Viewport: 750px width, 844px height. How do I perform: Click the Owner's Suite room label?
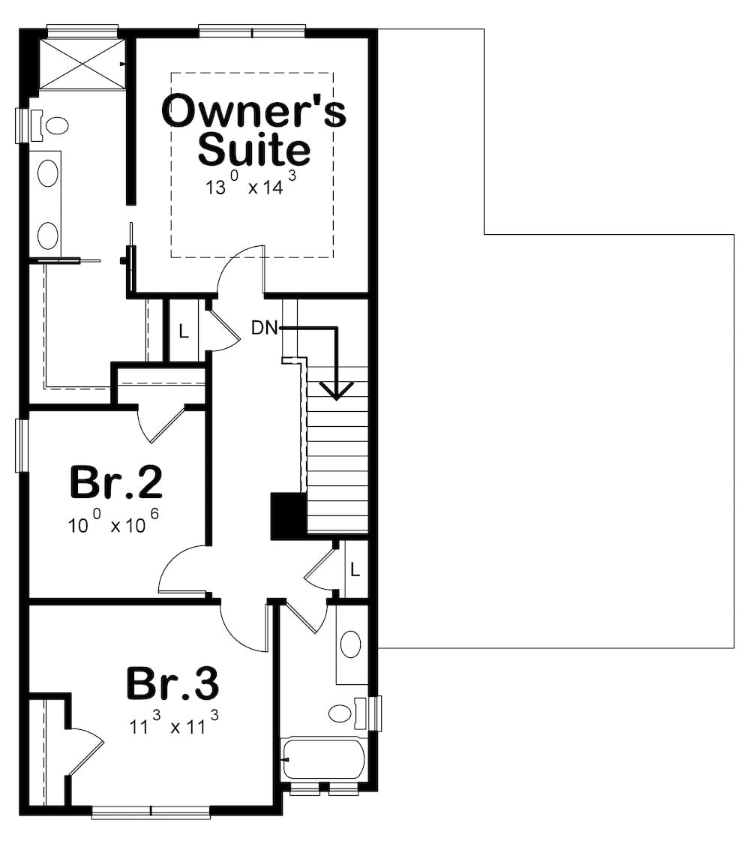pos(254,129)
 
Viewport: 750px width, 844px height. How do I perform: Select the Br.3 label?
pos(172,683)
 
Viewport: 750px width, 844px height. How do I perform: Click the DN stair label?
pos(264,327)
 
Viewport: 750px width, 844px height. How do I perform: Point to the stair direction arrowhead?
pos(336,391)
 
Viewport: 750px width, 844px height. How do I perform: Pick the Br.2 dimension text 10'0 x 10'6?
pos(113,521)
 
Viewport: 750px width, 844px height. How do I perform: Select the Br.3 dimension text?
pos(174,723)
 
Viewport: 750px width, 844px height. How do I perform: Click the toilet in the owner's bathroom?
pos(49,126)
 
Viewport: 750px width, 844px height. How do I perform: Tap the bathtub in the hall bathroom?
pos(323,758)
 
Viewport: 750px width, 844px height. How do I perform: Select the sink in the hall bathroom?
pos(351,644)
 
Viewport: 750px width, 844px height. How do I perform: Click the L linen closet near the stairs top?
pos(184,331)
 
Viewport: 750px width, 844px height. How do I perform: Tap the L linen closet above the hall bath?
pos(355,569)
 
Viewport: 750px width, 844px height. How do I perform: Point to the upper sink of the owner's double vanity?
pos(48,173)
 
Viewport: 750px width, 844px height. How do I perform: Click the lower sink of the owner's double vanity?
pos(48,236)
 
